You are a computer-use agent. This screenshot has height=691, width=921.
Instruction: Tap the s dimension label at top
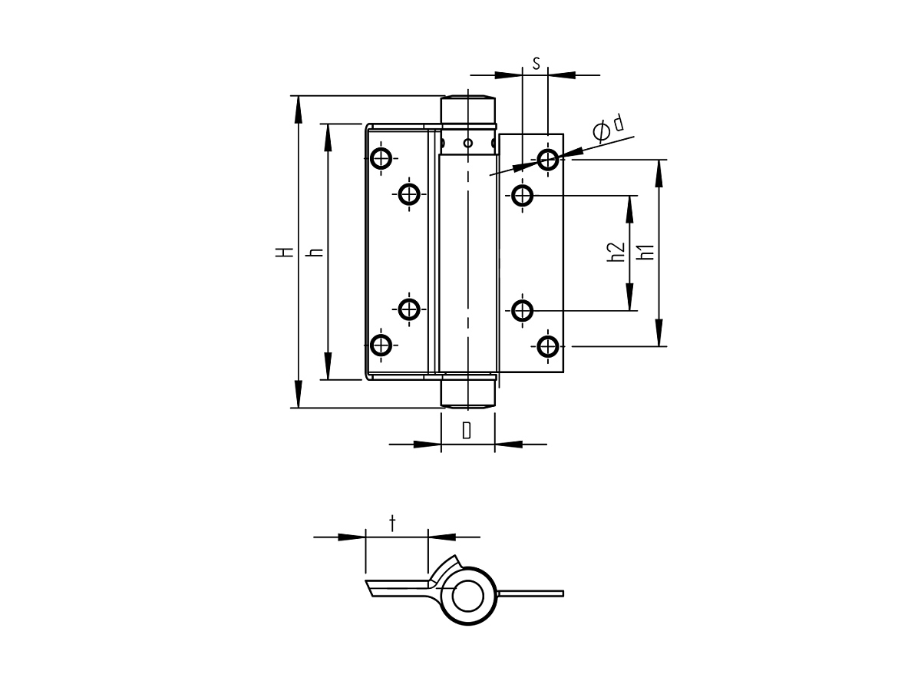[536, 64]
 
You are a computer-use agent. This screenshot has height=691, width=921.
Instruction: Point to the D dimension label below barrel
[467, 430]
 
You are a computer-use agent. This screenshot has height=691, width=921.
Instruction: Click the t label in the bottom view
[393, 524]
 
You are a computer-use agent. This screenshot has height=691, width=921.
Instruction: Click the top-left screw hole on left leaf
[381, 159]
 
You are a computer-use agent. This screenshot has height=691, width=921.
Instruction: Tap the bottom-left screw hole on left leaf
[381, 345]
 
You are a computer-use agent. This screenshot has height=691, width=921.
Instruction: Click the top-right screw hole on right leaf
[547, 159]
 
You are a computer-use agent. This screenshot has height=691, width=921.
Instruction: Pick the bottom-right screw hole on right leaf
[547, 345]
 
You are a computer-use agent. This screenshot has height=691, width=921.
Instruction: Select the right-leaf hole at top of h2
[523, 195]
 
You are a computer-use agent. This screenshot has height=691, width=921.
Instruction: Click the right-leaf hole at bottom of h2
[523, 310]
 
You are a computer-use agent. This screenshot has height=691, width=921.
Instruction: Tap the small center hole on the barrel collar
[467, 143]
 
